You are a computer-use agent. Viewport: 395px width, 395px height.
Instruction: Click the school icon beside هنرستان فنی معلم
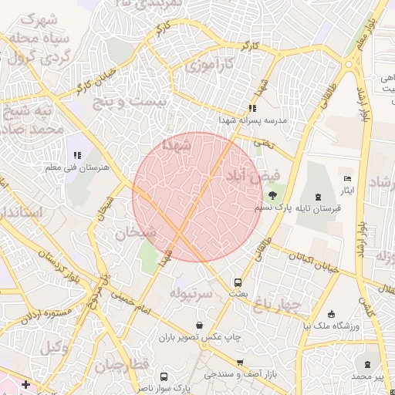pos(77,155)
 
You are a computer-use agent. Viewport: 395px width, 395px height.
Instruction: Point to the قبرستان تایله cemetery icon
pos(319,196)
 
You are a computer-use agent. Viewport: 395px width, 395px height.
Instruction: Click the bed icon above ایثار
pos(346,178)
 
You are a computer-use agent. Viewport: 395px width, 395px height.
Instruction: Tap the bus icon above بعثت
pos(238,282)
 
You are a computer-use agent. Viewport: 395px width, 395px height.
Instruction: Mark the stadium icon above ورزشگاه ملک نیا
pos(332,314)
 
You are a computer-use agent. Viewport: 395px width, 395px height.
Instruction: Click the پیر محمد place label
pos(367,376)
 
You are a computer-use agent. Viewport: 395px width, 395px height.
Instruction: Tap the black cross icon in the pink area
pos(26,383)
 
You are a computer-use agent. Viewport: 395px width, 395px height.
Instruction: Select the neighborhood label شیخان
pos(136,232)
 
